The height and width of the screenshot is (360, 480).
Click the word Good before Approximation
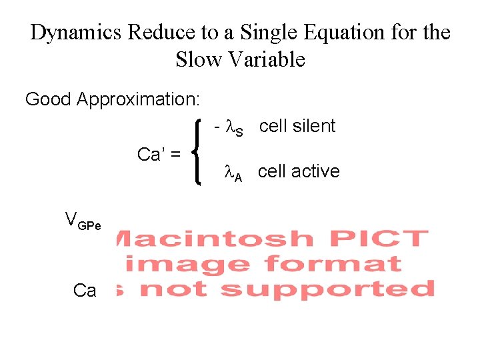49,100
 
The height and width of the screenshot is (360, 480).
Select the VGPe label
83,220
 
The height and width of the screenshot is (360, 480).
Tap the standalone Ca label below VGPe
85,291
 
